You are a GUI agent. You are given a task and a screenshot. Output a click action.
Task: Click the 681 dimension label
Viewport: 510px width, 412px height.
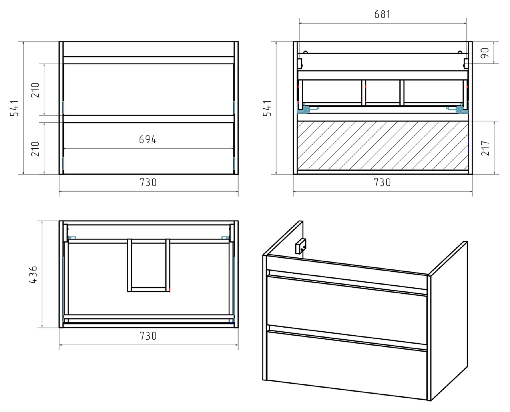382,14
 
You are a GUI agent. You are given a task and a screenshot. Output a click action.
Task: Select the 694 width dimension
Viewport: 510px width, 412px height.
148,140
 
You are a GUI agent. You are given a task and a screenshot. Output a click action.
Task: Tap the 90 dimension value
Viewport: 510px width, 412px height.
485,53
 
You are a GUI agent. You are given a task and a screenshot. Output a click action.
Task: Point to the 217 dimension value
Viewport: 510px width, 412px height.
485,148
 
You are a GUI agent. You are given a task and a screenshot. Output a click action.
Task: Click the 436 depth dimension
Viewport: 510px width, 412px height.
33,274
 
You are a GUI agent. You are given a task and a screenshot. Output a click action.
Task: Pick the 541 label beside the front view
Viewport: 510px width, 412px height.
14,108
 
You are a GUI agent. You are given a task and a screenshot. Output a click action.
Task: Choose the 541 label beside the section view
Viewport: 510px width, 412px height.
267,108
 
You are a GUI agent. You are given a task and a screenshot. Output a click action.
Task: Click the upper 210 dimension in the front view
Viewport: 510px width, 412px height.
35,90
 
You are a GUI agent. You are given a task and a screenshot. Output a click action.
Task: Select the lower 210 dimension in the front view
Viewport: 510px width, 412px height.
35,149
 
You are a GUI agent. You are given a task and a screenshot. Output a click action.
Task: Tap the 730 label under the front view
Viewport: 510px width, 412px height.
148,182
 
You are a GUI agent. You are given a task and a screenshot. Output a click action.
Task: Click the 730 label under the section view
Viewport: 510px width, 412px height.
382,182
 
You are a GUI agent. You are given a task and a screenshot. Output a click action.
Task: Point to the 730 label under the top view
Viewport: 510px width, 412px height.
148,336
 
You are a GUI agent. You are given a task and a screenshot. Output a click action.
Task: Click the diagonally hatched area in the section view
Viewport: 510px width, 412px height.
383,145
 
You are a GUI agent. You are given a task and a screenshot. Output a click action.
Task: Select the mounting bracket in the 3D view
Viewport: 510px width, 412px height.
301,246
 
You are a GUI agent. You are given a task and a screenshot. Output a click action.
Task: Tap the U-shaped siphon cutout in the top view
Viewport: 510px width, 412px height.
149,289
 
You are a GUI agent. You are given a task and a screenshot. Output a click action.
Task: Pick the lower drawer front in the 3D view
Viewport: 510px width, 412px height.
347,365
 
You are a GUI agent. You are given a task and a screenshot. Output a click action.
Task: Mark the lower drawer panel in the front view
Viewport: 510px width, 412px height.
148,148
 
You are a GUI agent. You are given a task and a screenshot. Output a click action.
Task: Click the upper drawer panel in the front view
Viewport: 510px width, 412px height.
148,90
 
